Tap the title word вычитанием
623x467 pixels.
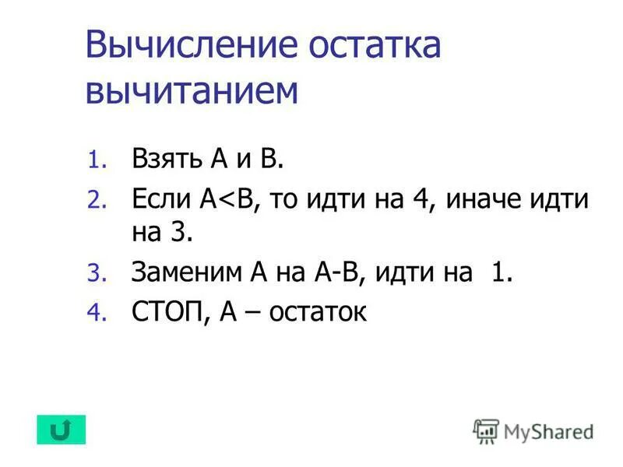(x=192, y=90)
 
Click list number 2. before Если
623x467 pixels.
(x=94, y=202)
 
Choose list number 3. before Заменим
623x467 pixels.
(x=94, y=273)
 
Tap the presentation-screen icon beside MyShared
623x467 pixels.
(x=486, y=430)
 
